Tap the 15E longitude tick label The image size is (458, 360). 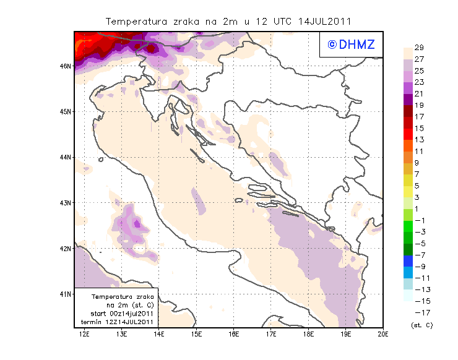196,335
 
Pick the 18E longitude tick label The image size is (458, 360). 308,335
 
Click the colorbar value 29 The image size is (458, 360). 419,48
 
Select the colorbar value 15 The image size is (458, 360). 419,128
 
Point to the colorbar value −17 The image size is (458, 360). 420,312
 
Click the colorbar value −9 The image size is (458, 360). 420,266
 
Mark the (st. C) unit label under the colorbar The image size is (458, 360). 421,325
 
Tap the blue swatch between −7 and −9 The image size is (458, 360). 407,260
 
